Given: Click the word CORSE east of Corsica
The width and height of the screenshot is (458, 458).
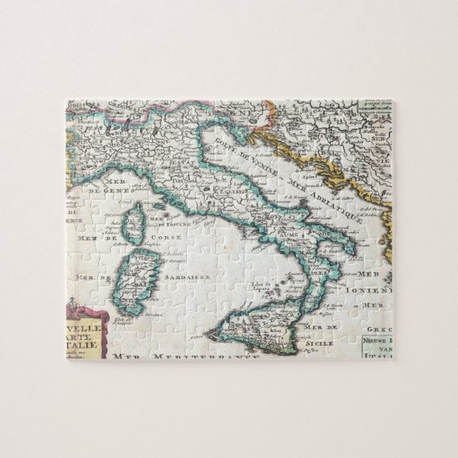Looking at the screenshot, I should click(172, 235).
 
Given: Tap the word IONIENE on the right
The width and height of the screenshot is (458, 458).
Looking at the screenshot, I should click(376, 290).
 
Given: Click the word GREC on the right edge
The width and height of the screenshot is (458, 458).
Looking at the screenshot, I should click(380, 330).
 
